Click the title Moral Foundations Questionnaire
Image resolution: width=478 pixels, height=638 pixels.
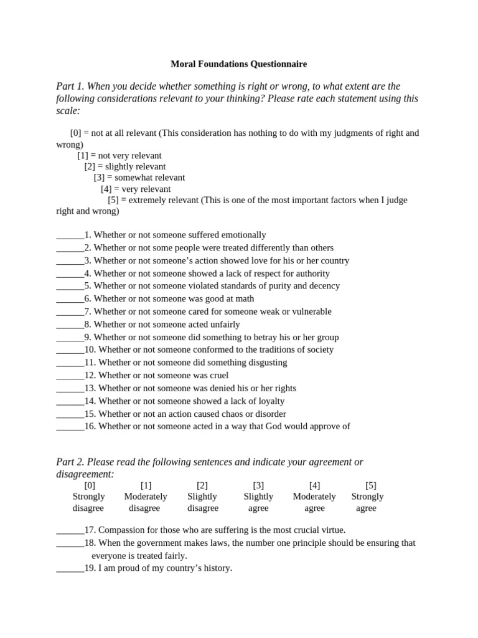[239, 64]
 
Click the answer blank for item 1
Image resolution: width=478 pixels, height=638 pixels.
[70, 236]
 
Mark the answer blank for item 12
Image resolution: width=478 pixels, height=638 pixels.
[70, 376]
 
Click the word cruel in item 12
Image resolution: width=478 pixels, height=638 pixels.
[217, 376]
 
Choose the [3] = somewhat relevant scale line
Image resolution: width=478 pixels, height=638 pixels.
[139, 178]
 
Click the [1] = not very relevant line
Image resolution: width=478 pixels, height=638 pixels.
[119, 156]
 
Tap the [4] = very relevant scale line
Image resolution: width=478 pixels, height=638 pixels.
[136, 189]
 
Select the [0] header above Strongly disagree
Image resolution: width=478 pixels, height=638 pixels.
[90, 485]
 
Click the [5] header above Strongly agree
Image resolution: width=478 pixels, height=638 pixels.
[371, 485]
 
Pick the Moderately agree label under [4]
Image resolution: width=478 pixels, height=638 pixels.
[314, 502]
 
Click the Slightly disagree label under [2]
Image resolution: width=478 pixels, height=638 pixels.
[203, 502]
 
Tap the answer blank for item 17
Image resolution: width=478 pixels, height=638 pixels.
[70, 531]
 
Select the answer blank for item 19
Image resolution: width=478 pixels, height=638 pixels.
[70, 569]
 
